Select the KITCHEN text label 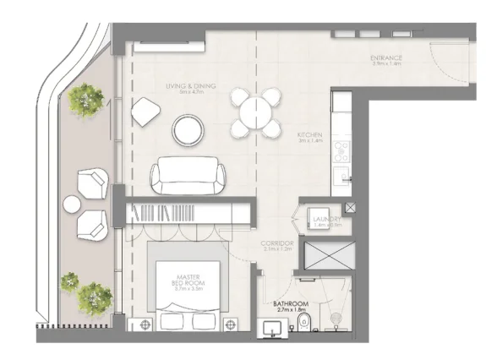click(309, 135)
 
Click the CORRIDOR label click(276, 243)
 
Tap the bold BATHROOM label click(290, 303)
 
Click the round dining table click(256, 112)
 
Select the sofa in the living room click(188, 177)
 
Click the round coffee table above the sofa click(188, 129)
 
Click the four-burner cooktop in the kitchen click(342, 152)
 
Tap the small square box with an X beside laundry click(350, 206)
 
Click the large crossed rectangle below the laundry click(330, 253)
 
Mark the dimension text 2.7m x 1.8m click(290, 311)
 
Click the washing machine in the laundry click(319, 216)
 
